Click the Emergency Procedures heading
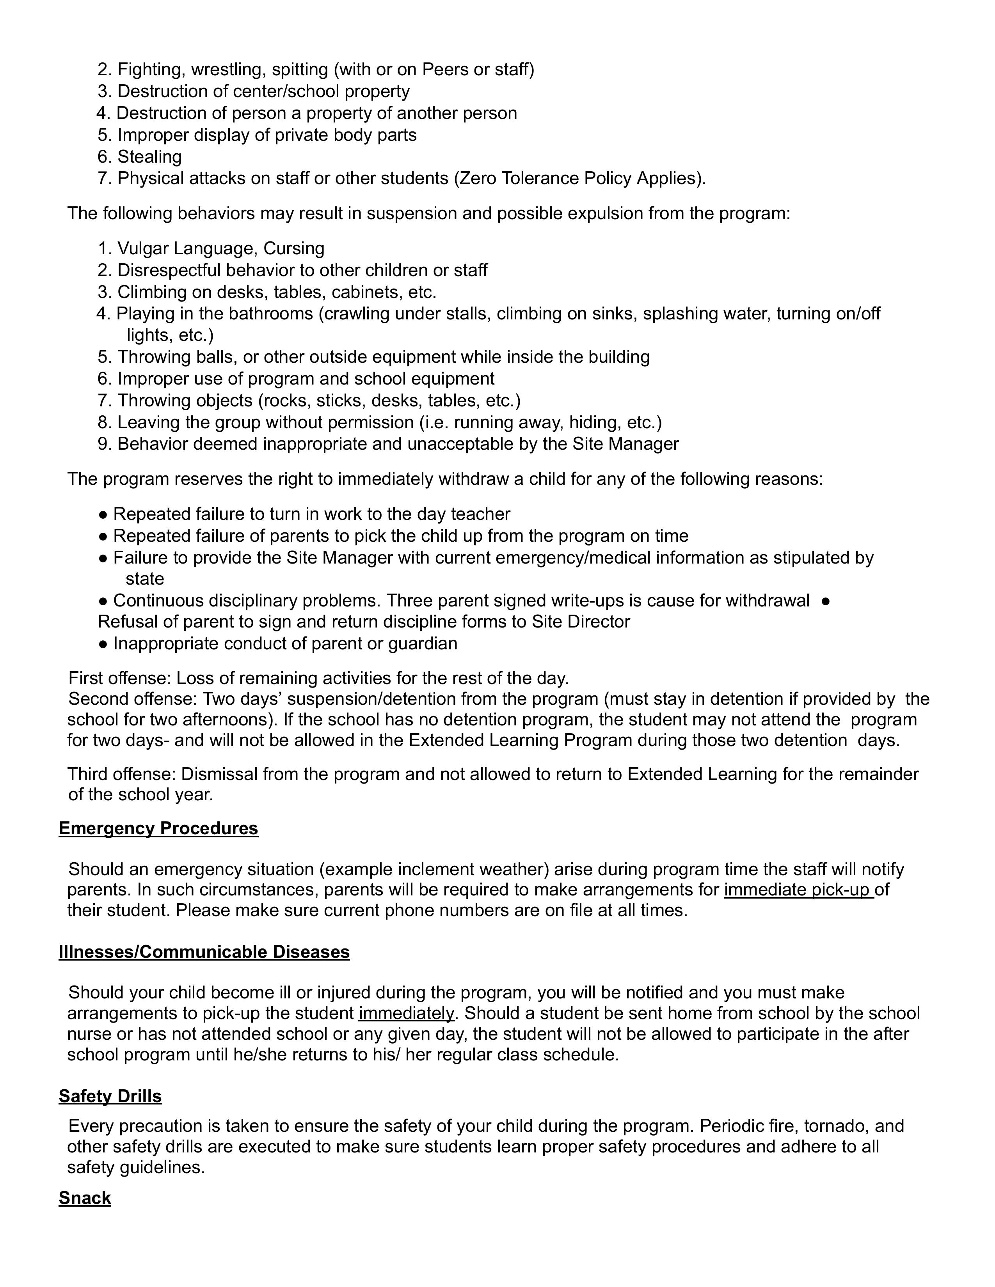click(158, 828)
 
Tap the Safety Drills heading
click(110, 1096)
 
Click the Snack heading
click(85, 1198)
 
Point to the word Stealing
click(150, 157)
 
